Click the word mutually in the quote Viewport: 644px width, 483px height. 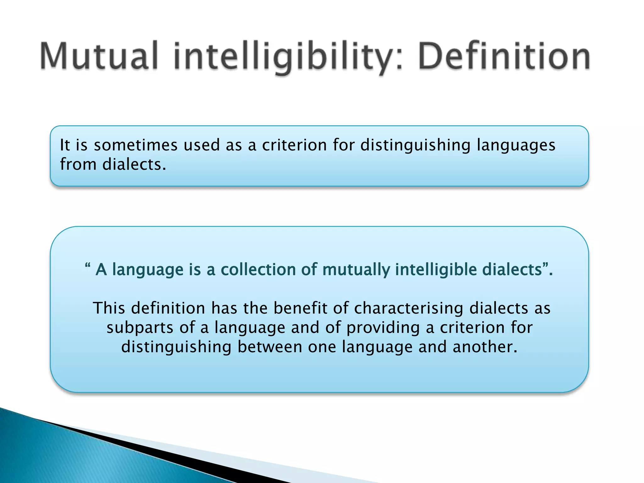[x=356, y=270]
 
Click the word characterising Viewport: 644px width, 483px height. [x=409, y=308]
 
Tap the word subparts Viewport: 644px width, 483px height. [x=140, y=328]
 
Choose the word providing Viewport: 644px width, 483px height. [x=383, y=328]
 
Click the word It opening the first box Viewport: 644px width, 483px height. [x=65, y=145]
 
